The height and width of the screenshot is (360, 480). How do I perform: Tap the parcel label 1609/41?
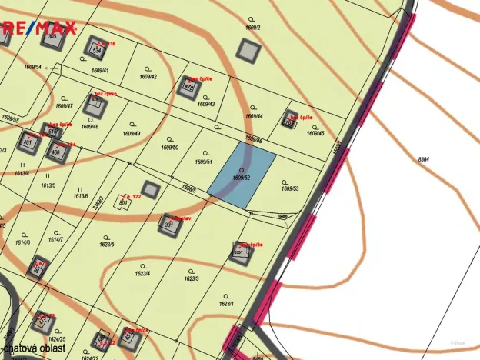pyautogui.click(x=100, y=71)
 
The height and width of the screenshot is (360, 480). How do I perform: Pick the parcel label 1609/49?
pyautogui.click(x=132, y=133)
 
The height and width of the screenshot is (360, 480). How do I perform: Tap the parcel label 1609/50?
pyautogui.click(x=170, y=147)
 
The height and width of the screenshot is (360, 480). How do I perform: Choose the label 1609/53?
pyautogui.click(x=290, y=188)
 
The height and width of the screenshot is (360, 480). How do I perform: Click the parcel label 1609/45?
pyautogui.click(x=315, y=133)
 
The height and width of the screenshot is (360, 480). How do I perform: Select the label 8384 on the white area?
pyautogui.click(x=423, y=158)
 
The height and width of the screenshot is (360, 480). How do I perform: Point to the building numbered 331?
pyautogui.click(x=168, y=224)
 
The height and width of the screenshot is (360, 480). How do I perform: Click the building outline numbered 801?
pyautogui.click(x=123, y=202)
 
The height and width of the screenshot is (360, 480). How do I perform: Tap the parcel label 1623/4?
pyautogui.click(x=142, y=273)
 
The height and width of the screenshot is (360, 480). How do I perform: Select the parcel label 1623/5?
pyautogui.click(x=106, y=245)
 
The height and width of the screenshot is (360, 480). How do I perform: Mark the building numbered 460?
pyautogui.click(x=57, y=152)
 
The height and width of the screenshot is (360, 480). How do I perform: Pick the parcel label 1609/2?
pyautogui.click(x=253, y=27)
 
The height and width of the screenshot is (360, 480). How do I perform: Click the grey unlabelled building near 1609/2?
pyautogui.click(x=248, y=50)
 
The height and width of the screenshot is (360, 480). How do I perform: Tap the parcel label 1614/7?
pyautogui.click(x=55, y=240)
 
